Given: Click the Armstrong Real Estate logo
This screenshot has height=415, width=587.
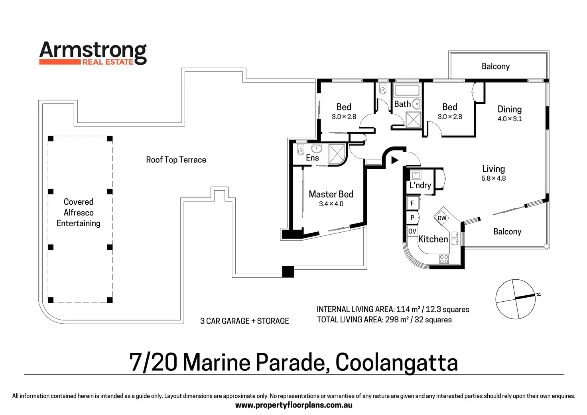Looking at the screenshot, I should pos(93,53).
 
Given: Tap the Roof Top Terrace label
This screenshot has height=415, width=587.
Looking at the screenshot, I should pos(176,160).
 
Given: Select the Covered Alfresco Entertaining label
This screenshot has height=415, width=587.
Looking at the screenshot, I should pos(79,212).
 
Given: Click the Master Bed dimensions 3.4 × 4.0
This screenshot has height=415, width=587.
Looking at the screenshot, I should pos(331,204).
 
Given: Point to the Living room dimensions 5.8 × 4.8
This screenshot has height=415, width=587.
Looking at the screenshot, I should pos(493,178).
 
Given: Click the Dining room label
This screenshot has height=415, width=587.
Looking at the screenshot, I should pos(509,109).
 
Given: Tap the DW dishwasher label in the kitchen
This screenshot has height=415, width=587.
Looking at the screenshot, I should pos(442,218).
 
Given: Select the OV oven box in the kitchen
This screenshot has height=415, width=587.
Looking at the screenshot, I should pos(412,231).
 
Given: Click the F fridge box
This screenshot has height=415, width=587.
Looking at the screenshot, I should pos(412,203).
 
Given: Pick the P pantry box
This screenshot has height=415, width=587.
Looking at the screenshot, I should pos(412,217).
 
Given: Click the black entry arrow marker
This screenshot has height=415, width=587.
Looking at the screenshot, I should pos(394,160).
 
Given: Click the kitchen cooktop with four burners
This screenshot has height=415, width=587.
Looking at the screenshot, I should pos(444,259).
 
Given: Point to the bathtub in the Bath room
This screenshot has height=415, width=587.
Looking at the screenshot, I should pos(407,90).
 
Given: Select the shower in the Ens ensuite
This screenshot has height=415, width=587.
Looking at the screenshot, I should pos(337,154).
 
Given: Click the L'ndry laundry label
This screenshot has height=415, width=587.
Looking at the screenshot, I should pos(420,185).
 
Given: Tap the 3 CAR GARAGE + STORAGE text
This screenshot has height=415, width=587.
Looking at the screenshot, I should pos(244,321).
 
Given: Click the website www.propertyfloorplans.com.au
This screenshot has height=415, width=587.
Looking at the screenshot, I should pos(293,405).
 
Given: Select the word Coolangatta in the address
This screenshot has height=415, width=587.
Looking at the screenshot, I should pos(396,362).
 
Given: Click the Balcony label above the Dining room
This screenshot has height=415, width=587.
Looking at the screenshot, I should pos(495,66).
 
